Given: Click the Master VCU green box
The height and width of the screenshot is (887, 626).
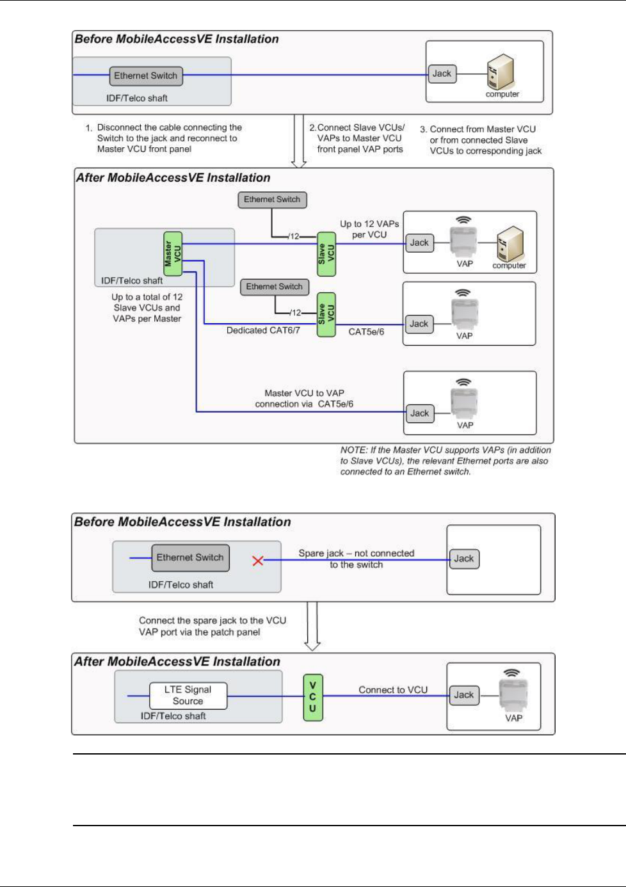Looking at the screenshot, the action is (173, 254).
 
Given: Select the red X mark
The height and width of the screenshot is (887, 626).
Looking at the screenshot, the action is (258, 561).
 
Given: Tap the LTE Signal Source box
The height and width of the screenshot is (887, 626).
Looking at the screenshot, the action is (188, 696).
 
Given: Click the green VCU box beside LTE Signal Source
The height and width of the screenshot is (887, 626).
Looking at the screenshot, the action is (313, 698).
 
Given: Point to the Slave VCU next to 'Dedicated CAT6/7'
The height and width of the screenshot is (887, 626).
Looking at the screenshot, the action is (326, 315).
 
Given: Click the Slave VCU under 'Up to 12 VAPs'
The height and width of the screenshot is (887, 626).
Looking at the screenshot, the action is (326, 254).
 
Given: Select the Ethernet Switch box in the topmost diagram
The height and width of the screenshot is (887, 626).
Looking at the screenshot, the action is (146, 76).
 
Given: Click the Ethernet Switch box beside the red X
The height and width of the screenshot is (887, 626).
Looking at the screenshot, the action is (191, 558).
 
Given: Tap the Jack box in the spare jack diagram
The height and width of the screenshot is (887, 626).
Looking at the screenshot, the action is (464, 559).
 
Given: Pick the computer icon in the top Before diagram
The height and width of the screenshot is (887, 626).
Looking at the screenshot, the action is (501, 72).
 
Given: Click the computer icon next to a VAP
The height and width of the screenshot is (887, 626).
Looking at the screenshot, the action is (510, 244).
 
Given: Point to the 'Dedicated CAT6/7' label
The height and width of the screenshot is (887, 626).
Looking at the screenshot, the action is (263, 330).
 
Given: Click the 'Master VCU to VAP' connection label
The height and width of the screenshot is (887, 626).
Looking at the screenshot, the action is (304, 398).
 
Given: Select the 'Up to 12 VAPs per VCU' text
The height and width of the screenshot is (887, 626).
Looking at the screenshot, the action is (369, 229).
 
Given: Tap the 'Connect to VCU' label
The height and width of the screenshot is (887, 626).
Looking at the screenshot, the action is (393, 690).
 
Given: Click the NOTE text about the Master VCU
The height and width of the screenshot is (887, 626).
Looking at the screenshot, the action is (445, 461).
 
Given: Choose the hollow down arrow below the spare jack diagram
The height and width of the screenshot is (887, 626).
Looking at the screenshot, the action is (312, 627).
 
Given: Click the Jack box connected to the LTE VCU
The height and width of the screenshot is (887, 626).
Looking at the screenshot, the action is (464, 696).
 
